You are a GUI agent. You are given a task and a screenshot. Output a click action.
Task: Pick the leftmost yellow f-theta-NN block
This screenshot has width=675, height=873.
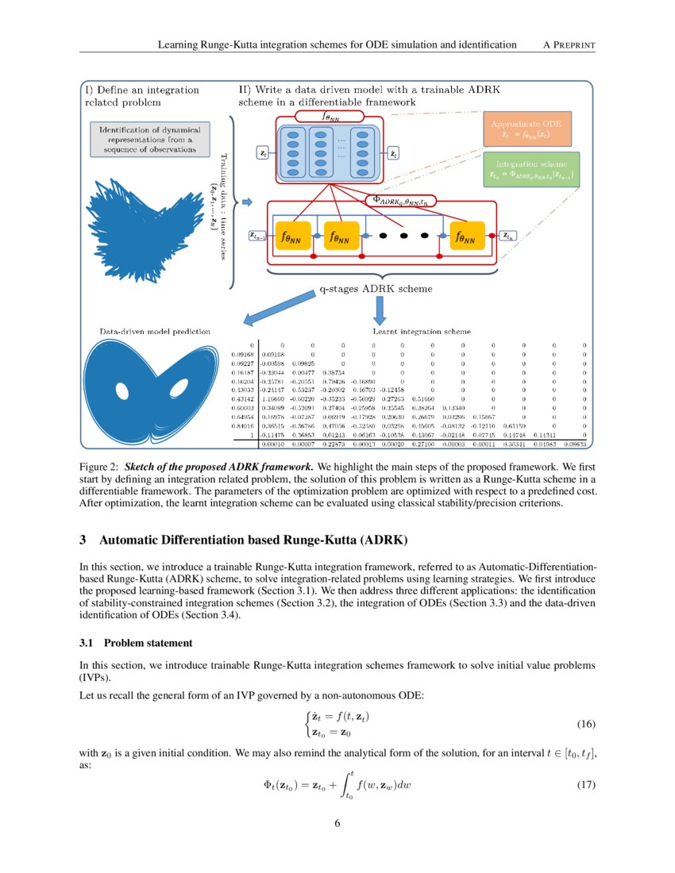coord(293,237)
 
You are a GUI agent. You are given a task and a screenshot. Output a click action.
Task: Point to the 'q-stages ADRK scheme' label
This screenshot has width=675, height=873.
coord(376,290)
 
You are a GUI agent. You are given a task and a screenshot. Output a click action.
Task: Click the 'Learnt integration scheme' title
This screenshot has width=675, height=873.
coord(421,331)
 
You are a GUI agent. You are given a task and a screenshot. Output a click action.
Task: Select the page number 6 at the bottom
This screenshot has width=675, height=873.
coord(337,822)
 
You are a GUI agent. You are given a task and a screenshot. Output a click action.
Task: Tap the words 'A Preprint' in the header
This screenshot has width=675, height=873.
coord(569,44)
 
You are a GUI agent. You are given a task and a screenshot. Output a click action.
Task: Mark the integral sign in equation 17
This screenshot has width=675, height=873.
coord(344,786)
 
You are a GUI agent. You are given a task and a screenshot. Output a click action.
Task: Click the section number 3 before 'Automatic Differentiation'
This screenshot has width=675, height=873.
coord(83,541)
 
